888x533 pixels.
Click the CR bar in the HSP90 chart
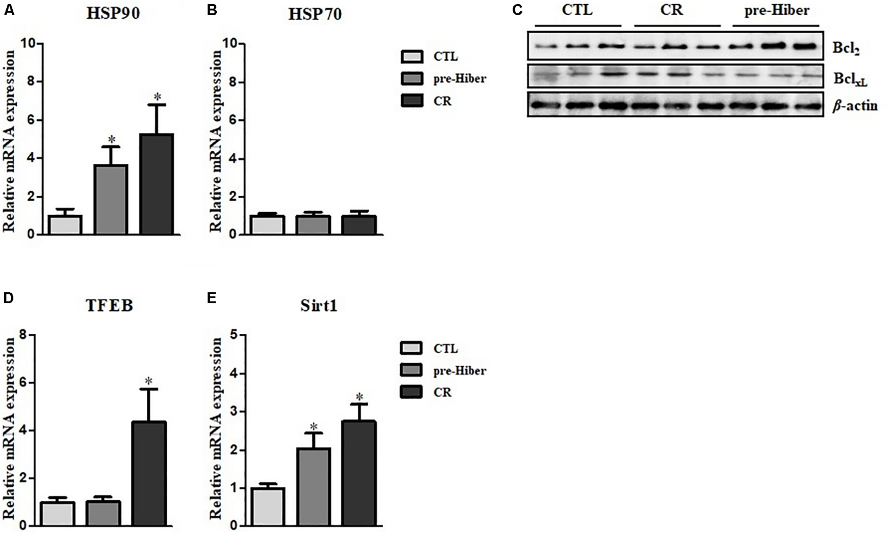157,184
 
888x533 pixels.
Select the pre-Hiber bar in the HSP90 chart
111,200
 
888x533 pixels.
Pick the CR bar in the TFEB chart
149,474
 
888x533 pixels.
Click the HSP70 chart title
315,15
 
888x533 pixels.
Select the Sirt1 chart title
319,306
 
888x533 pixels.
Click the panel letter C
517,10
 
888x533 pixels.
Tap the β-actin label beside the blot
855,106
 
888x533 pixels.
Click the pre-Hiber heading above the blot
776,11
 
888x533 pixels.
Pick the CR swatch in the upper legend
411,101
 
